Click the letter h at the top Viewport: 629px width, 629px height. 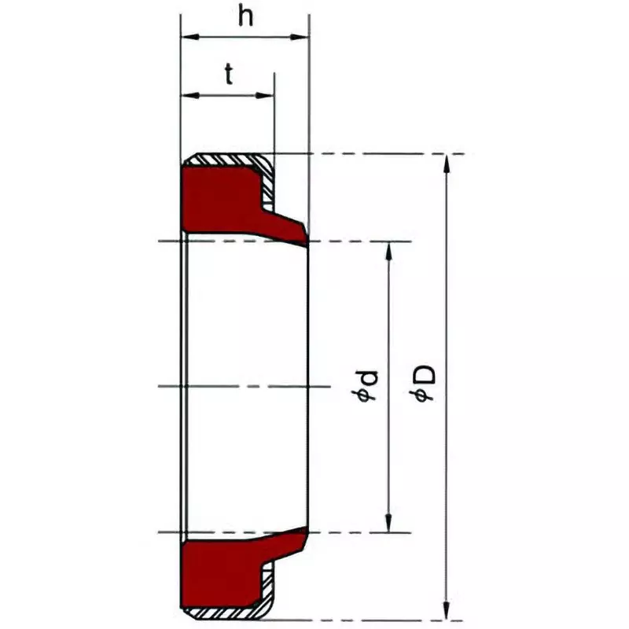tap(246, 17)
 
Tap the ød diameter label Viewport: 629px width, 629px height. tap(367, 386)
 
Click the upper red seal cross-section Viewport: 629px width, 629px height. tap(224, 200)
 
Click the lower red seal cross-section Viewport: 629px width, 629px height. tap(224, 574)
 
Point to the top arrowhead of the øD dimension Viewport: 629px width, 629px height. tap(447, 162)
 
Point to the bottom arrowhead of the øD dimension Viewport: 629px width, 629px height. tap(447, 611)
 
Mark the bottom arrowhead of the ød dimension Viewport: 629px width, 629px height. tap(388, 524)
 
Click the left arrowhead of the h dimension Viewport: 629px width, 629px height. tap(188, 36)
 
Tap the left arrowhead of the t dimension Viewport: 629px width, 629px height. tap(188, 95)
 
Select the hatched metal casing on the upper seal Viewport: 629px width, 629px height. tap(228, 159)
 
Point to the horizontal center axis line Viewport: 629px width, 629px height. tap(236, 386)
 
